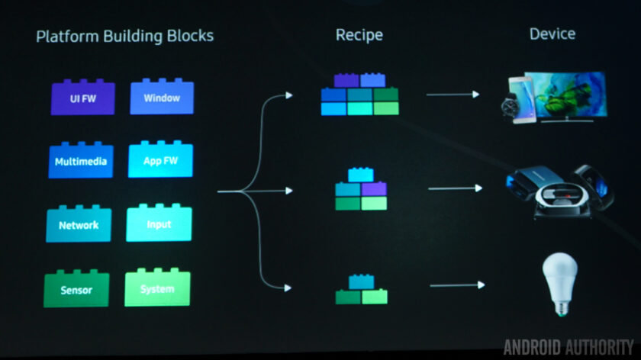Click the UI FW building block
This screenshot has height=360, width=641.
tap(82, 98)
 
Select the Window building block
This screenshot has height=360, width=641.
tap(161, 98)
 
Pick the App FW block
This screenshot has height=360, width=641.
tap(160, 161)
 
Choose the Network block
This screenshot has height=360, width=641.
tap(79, 225)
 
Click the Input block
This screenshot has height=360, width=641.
tap(159, 225)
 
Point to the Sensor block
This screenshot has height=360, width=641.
tap(76, 290)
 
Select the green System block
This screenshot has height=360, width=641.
tap(157, 289)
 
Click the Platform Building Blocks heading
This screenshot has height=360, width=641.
tap(124, 36)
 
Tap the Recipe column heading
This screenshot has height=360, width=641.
tap(359, 35)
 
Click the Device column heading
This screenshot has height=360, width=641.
tap(552, 34)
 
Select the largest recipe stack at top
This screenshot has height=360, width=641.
tap(359, 95)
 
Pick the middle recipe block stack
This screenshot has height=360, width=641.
tap(361, 190)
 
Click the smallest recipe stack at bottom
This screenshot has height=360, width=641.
tap(361, 290)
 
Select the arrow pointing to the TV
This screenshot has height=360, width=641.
tap(453, 95)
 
